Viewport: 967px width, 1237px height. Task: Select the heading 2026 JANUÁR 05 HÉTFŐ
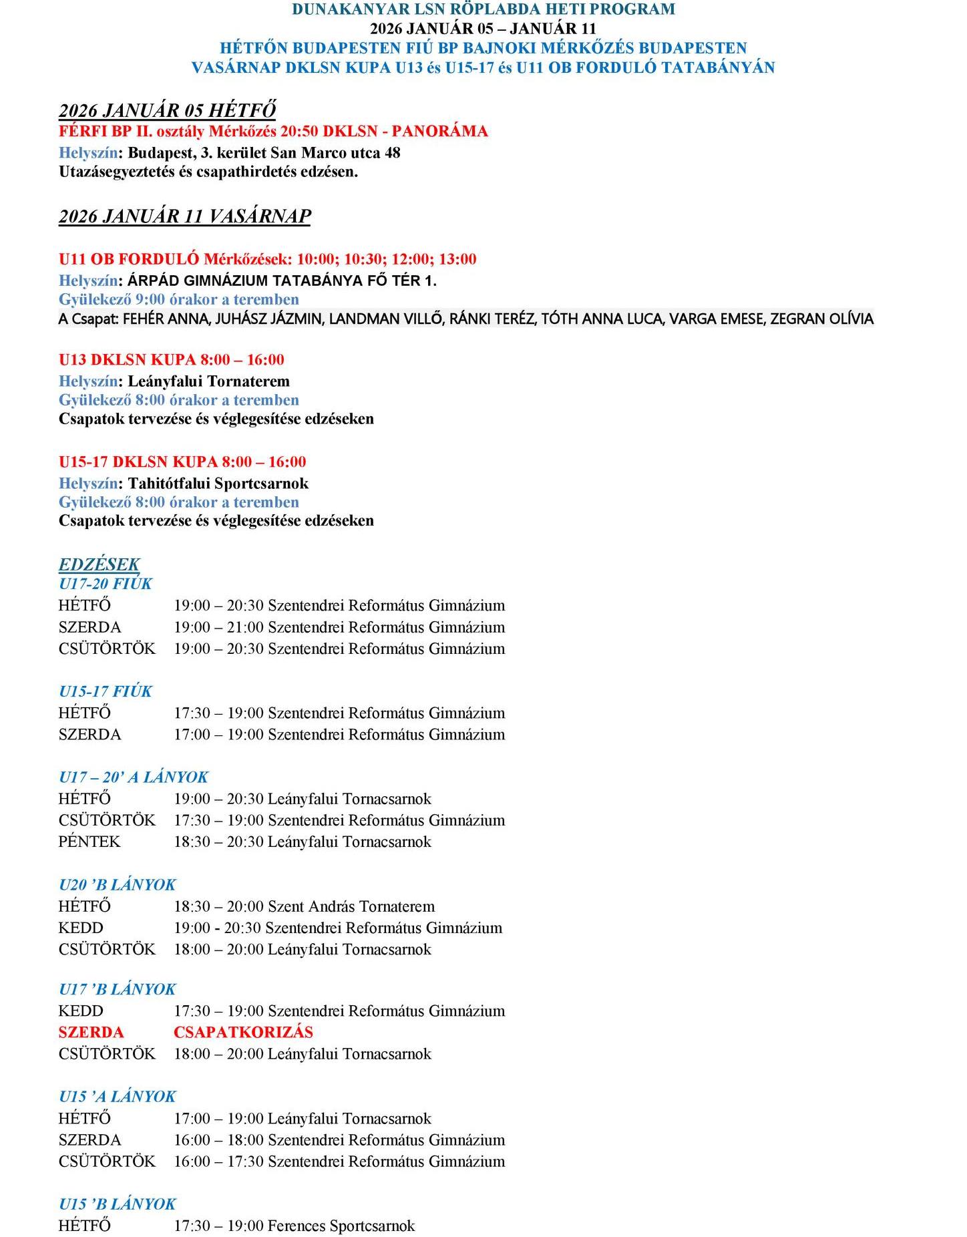(167, 110)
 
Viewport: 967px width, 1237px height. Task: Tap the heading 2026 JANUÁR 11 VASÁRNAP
(184, 216)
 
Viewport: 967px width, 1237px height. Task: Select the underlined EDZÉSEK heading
(99, 564)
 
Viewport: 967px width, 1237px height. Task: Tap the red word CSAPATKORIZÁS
(243, 1032)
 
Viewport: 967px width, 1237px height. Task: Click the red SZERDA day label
(91, 1032)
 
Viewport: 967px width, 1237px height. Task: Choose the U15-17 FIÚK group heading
(106, 691)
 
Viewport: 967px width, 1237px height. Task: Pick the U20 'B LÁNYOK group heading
(117, 885)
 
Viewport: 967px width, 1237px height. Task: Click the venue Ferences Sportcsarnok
(341, 1226)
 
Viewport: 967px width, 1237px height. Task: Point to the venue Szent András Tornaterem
(351, 906)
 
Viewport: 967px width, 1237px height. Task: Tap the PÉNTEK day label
(89, 842)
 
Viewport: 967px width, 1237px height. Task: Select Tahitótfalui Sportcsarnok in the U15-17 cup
(218, 483)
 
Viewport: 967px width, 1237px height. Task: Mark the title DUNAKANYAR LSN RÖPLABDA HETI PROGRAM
(483, 9)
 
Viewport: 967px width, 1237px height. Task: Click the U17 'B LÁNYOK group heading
(117, 989)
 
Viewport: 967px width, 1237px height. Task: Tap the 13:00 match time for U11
(457, 259)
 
